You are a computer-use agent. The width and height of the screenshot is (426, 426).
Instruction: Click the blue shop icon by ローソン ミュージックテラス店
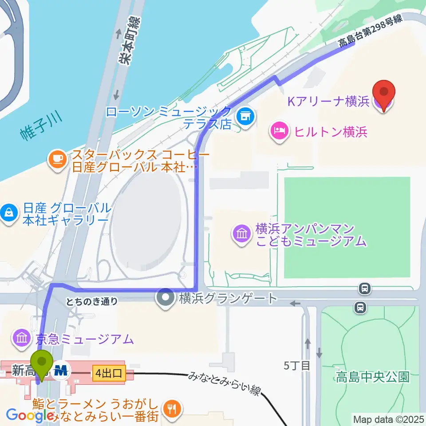click(x=245, y=117)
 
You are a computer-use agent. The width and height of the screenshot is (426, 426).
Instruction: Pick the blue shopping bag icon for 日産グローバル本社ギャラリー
click(x=10, y=213)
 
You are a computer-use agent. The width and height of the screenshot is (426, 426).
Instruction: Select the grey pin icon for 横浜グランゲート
click(x=167, y=298)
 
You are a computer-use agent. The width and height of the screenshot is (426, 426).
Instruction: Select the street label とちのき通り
click(x=92, y=302)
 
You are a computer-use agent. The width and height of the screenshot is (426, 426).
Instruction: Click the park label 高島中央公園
click(x=372, y=377)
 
